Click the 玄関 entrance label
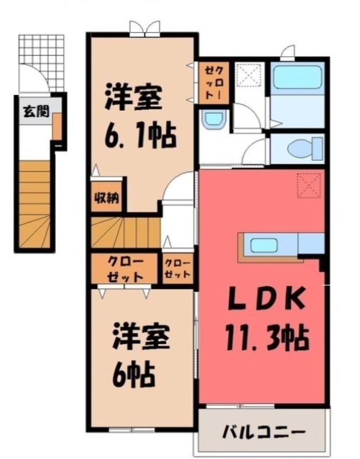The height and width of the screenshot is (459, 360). [x=35, y=112]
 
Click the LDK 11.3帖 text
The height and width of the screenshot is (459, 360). [x=265, y=318]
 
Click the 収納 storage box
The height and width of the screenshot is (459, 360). [x=105, y=199]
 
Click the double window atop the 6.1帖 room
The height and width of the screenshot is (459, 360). [x=144, y=29]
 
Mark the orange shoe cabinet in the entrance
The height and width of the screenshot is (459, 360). [x=57, y=126]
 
